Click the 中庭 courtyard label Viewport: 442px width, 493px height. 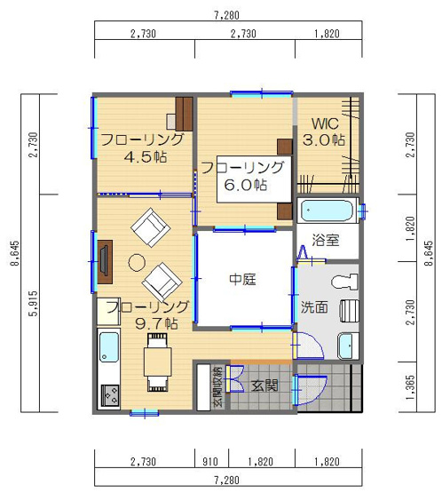[x=242, y=279]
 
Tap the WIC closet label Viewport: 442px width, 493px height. [x=325, y=123]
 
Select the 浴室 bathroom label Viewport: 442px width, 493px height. [x=326, y=240]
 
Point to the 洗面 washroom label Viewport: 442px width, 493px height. [x=314, y=307]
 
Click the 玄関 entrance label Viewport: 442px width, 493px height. [x=264, y=386]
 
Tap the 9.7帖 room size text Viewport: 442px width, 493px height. [x=156, y=323]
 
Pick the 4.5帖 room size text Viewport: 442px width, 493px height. [x=146, y=157]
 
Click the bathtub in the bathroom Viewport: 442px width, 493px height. [x=328, y=211]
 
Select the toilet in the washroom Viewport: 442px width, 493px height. [x=346, y=282]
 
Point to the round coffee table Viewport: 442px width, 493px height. [x=137, y=261]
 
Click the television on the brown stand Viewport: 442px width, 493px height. [x=104, y=261]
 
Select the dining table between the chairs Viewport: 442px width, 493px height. [x=158, y=362]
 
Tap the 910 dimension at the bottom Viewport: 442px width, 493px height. [x=210, y=462]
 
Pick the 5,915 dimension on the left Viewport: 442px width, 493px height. [x=34, y=303]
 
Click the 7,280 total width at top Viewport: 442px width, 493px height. [x=227, y=15]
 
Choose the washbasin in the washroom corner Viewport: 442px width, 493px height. [x=348, y=346]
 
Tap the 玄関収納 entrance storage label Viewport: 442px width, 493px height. [x=218, y=386]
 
